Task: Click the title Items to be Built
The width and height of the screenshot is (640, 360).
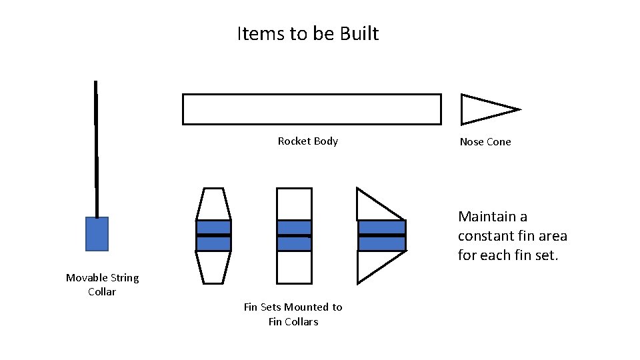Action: click(x=307, y=33)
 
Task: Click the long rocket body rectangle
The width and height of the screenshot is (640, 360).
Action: click(x=311, y=109)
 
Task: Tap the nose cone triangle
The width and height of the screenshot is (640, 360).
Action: click(x=483, y=109)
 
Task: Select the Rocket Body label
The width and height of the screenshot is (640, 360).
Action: click(x=307, y=141)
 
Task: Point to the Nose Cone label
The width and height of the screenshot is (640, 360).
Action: click(x=485, y=142)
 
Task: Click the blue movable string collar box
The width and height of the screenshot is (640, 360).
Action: click(x=97, y=234)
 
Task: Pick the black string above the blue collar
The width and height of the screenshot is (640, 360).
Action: click(x=96, y=147)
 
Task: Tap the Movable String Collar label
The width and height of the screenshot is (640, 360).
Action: click(x=102, y=285)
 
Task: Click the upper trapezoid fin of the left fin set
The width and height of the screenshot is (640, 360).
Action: click(x=213, y=203)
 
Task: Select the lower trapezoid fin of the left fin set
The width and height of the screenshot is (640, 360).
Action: click(x=213, y=267)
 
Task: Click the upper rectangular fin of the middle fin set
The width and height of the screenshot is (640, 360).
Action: click(x=294, y=204)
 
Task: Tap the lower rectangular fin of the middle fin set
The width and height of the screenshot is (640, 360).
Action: click(x=294, y=267)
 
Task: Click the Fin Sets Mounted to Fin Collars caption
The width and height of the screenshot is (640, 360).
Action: click(x=293, y=314)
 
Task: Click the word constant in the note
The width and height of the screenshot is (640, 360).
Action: click(x=485, y=236)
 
